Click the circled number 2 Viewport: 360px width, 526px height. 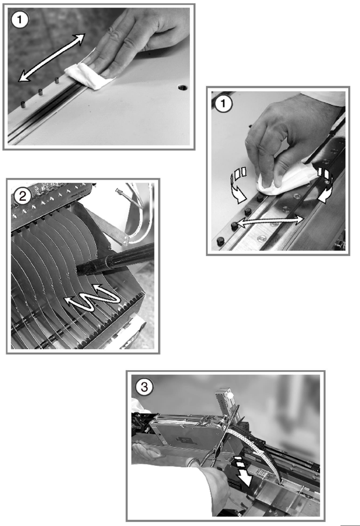coord(22,196)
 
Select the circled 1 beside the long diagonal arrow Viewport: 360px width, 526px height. coord(20,19)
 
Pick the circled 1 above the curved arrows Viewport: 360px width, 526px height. coord(223,103)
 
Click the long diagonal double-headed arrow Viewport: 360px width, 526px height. coord(52,58)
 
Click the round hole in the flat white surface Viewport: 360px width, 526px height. coord(183,87)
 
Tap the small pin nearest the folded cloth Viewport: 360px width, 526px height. coord(57,80)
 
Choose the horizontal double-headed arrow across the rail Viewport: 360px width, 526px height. coord(270,222)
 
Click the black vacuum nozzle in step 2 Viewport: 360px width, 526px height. coord(115,260)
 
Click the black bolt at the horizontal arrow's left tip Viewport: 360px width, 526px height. coord(234,226)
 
